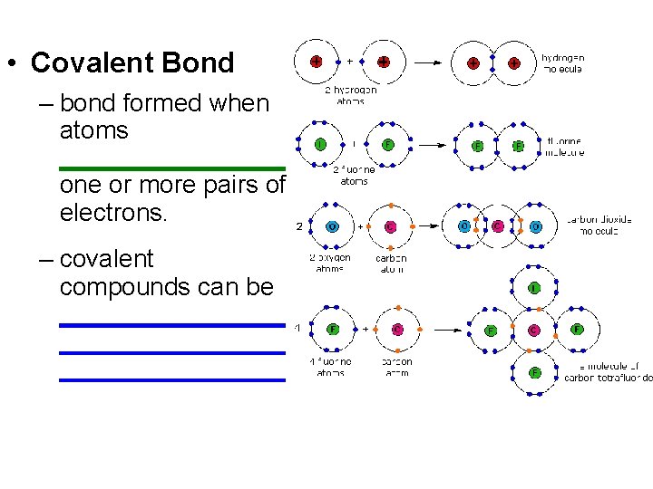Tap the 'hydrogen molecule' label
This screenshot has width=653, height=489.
(x=562, y=62)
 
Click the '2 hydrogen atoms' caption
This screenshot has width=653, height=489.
(x=350, y=95)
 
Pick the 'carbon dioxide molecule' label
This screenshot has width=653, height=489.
(x=599, y=225)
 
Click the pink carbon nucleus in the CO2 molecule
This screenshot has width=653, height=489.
(x=497, y=226)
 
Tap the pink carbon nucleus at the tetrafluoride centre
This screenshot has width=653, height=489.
(x=534, y=330)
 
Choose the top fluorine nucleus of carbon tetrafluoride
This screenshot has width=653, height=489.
(x=534, y=288)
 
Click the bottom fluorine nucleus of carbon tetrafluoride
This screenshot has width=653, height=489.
(x=534, y=372)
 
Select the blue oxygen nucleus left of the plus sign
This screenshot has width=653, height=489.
(x=333, y=226)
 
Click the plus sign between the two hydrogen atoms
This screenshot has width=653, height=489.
(x=350, y=62)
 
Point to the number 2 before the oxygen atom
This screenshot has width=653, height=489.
(x=299, y=226)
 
